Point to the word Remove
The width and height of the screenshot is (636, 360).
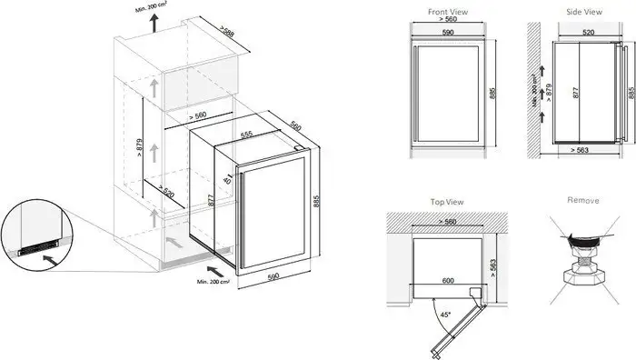click(581, 200)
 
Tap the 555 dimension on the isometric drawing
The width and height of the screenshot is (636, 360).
click(245, 133)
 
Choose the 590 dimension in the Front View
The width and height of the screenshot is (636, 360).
click(447, 34)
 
